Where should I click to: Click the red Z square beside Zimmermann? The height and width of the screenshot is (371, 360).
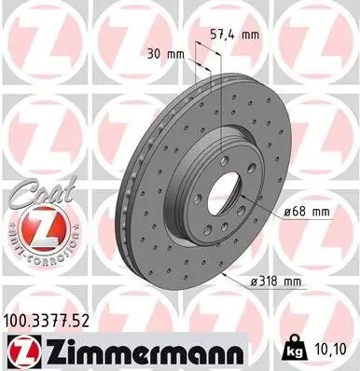(22, 351)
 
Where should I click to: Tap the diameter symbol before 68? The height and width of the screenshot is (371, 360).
(286, 212)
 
